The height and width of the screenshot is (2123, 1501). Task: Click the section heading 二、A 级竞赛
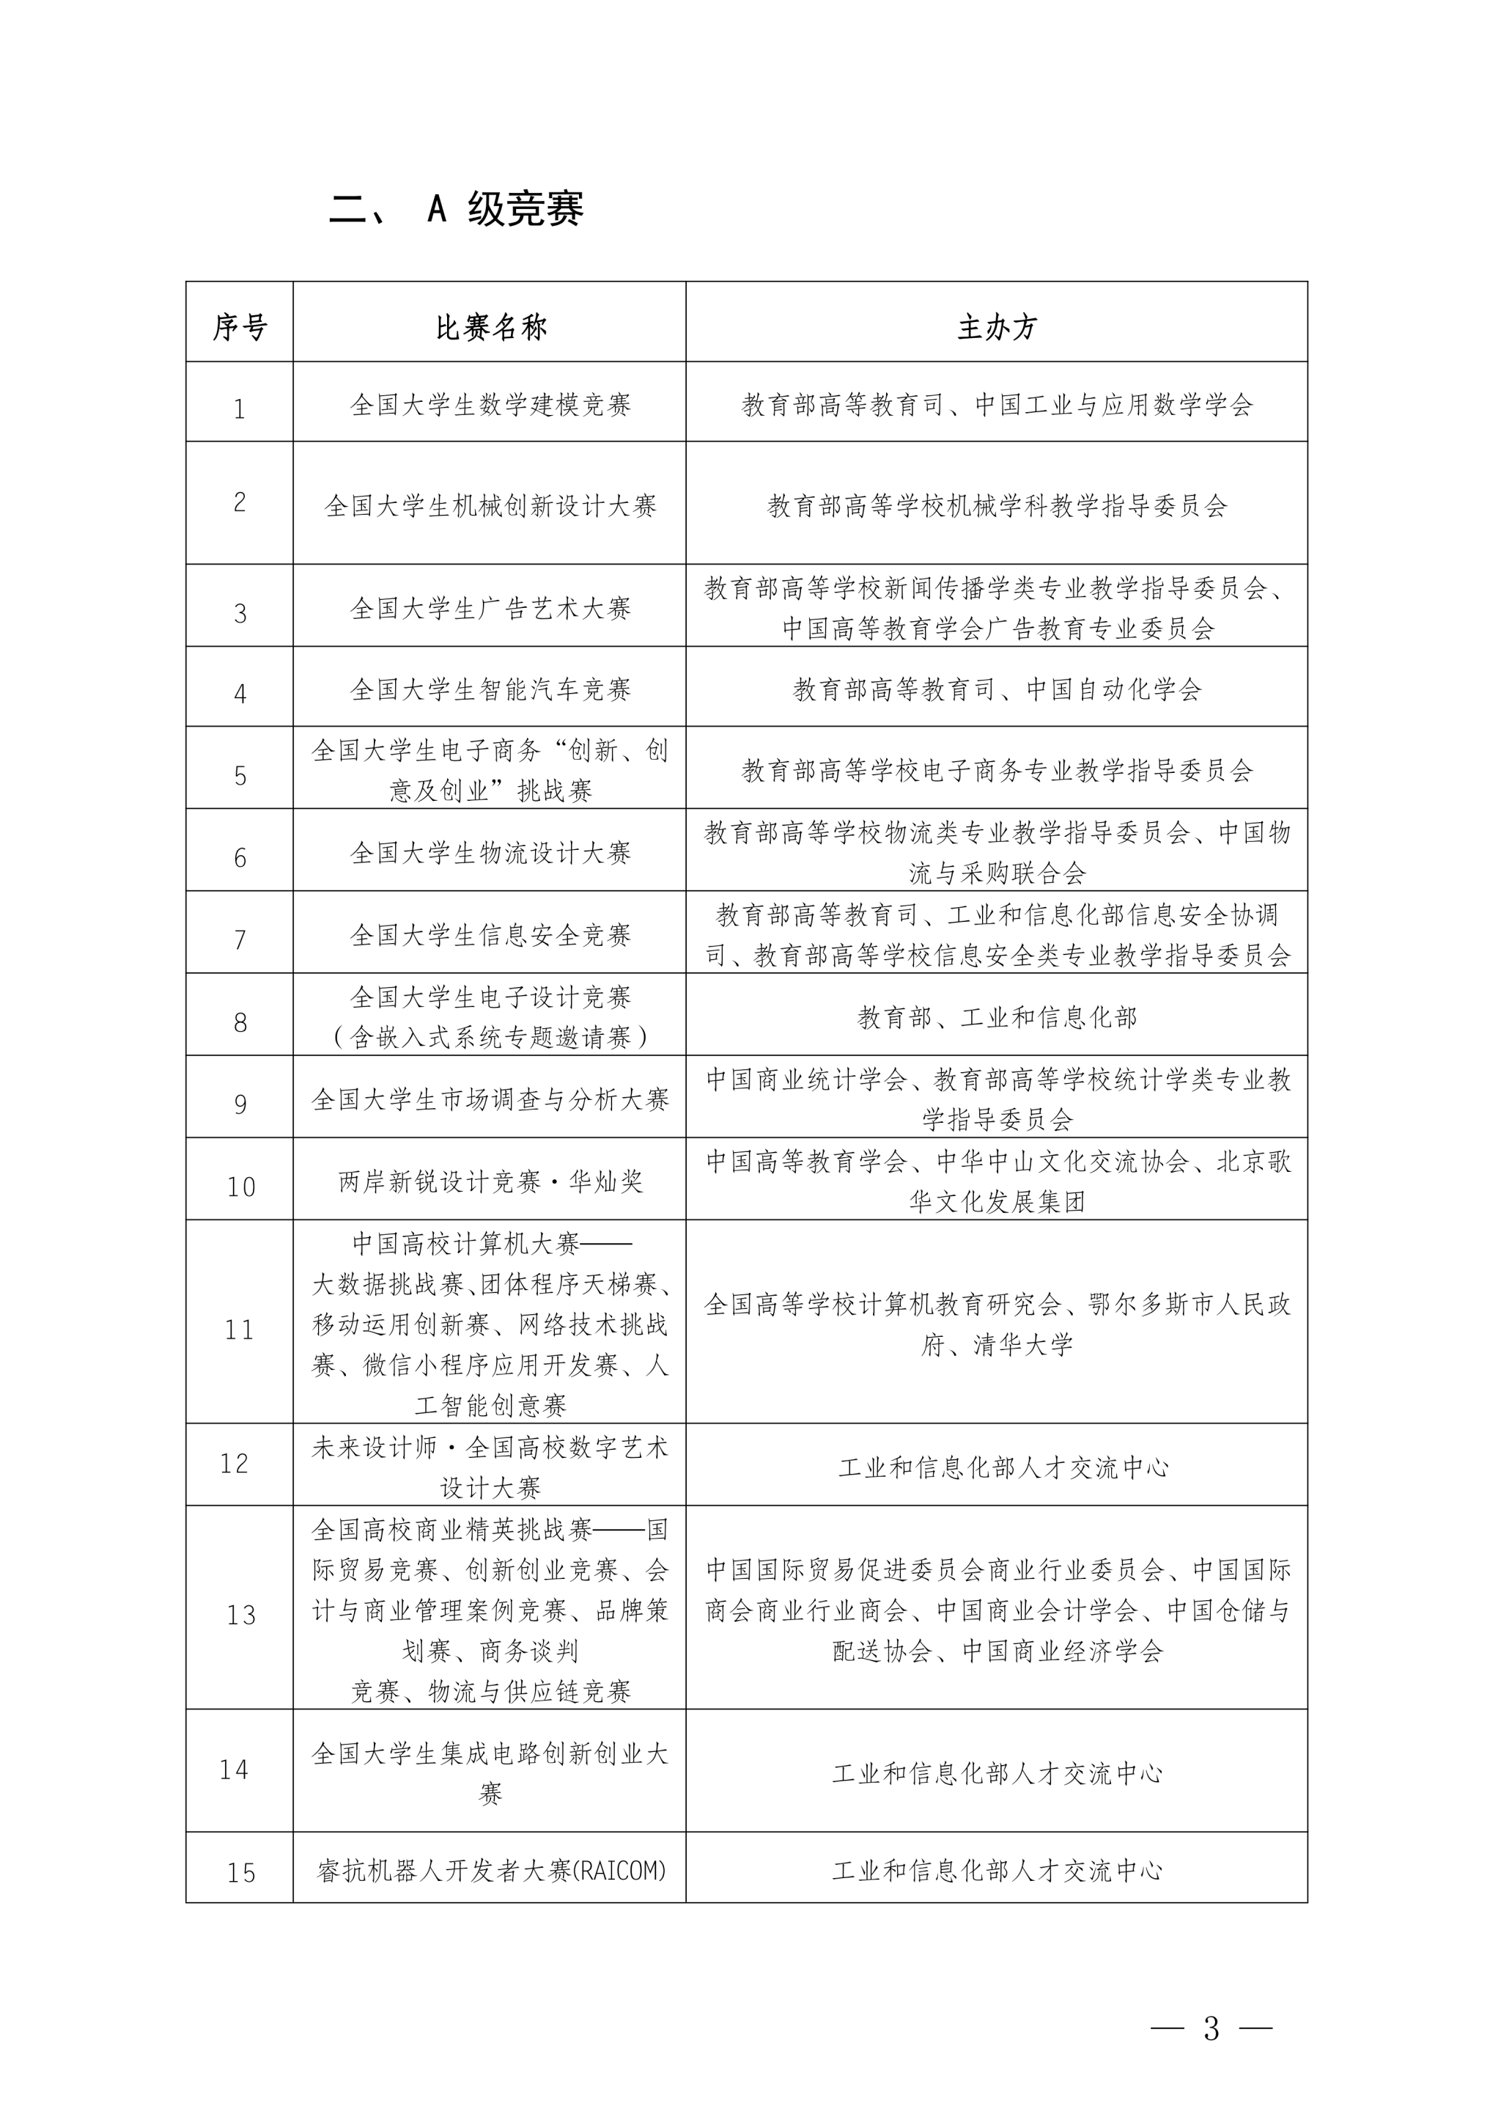pyautogui.click(x=457, y=210)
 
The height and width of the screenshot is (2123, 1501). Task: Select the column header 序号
pyautogui.click(x=240, y=326)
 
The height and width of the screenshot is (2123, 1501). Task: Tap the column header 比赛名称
pyautogui.click(x=491, y=326)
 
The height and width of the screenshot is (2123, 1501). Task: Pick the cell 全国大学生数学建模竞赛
pyautogui.click(x=491, y=405)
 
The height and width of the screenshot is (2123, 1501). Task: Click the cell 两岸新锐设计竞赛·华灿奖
pyautogui.click(x=491, y=1181)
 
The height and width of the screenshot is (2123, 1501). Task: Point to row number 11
pyautogui.click(x=240, y=1330)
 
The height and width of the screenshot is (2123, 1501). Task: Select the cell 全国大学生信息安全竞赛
pyautogui.click(x=491, y=936)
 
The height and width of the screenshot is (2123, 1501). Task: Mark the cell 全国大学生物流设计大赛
pyautogui.click(x=491, y=854)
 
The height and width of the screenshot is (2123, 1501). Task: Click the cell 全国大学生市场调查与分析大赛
pyautogui.click(x=491, y=1099)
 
